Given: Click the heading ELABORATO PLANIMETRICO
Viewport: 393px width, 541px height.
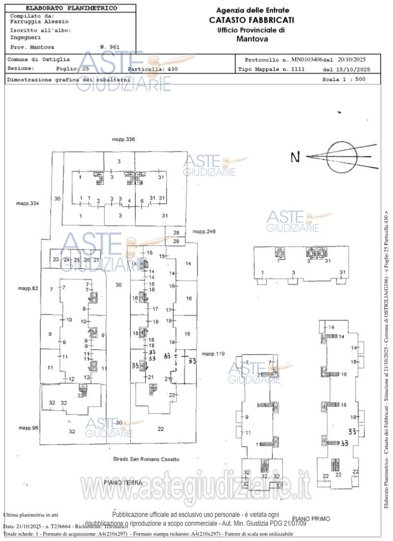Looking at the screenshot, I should point(71,8).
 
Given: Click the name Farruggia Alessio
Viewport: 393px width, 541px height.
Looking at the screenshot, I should point(39,22).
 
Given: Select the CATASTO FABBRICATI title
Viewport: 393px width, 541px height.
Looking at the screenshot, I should point(252,20).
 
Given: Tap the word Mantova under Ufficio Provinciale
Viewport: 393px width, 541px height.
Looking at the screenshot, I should point(252,38).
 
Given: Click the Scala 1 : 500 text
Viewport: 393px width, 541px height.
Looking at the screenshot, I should point(344,79).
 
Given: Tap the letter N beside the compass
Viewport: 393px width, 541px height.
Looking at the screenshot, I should point(295,157).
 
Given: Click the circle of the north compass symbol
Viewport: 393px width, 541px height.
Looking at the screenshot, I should point(343,157).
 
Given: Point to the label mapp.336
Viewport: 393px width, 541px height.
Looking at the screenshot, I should point(123,140).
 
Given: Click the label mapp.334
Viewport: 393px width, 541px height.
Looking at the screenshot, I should point(27,203).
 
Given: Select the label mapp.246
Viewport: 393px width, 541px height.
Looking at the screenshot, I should point(204,231).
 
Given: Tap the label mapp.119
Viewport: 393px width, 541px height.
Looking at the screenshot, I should point(213,353).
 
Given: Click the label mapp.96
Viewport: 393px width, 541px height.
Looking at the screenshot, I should point(28,428).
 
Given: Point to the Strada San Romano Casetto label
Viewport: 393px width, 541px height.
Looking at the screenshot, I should point(143,459).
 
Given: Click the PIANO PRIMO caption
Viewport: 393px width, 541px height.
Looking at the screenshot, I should point(311,518).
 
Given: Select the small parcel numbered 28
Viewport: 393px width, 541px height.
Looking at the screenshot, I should point(176,232).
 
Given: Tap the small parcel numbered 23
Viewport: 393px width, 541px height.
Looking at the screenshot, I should point(56,260).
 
